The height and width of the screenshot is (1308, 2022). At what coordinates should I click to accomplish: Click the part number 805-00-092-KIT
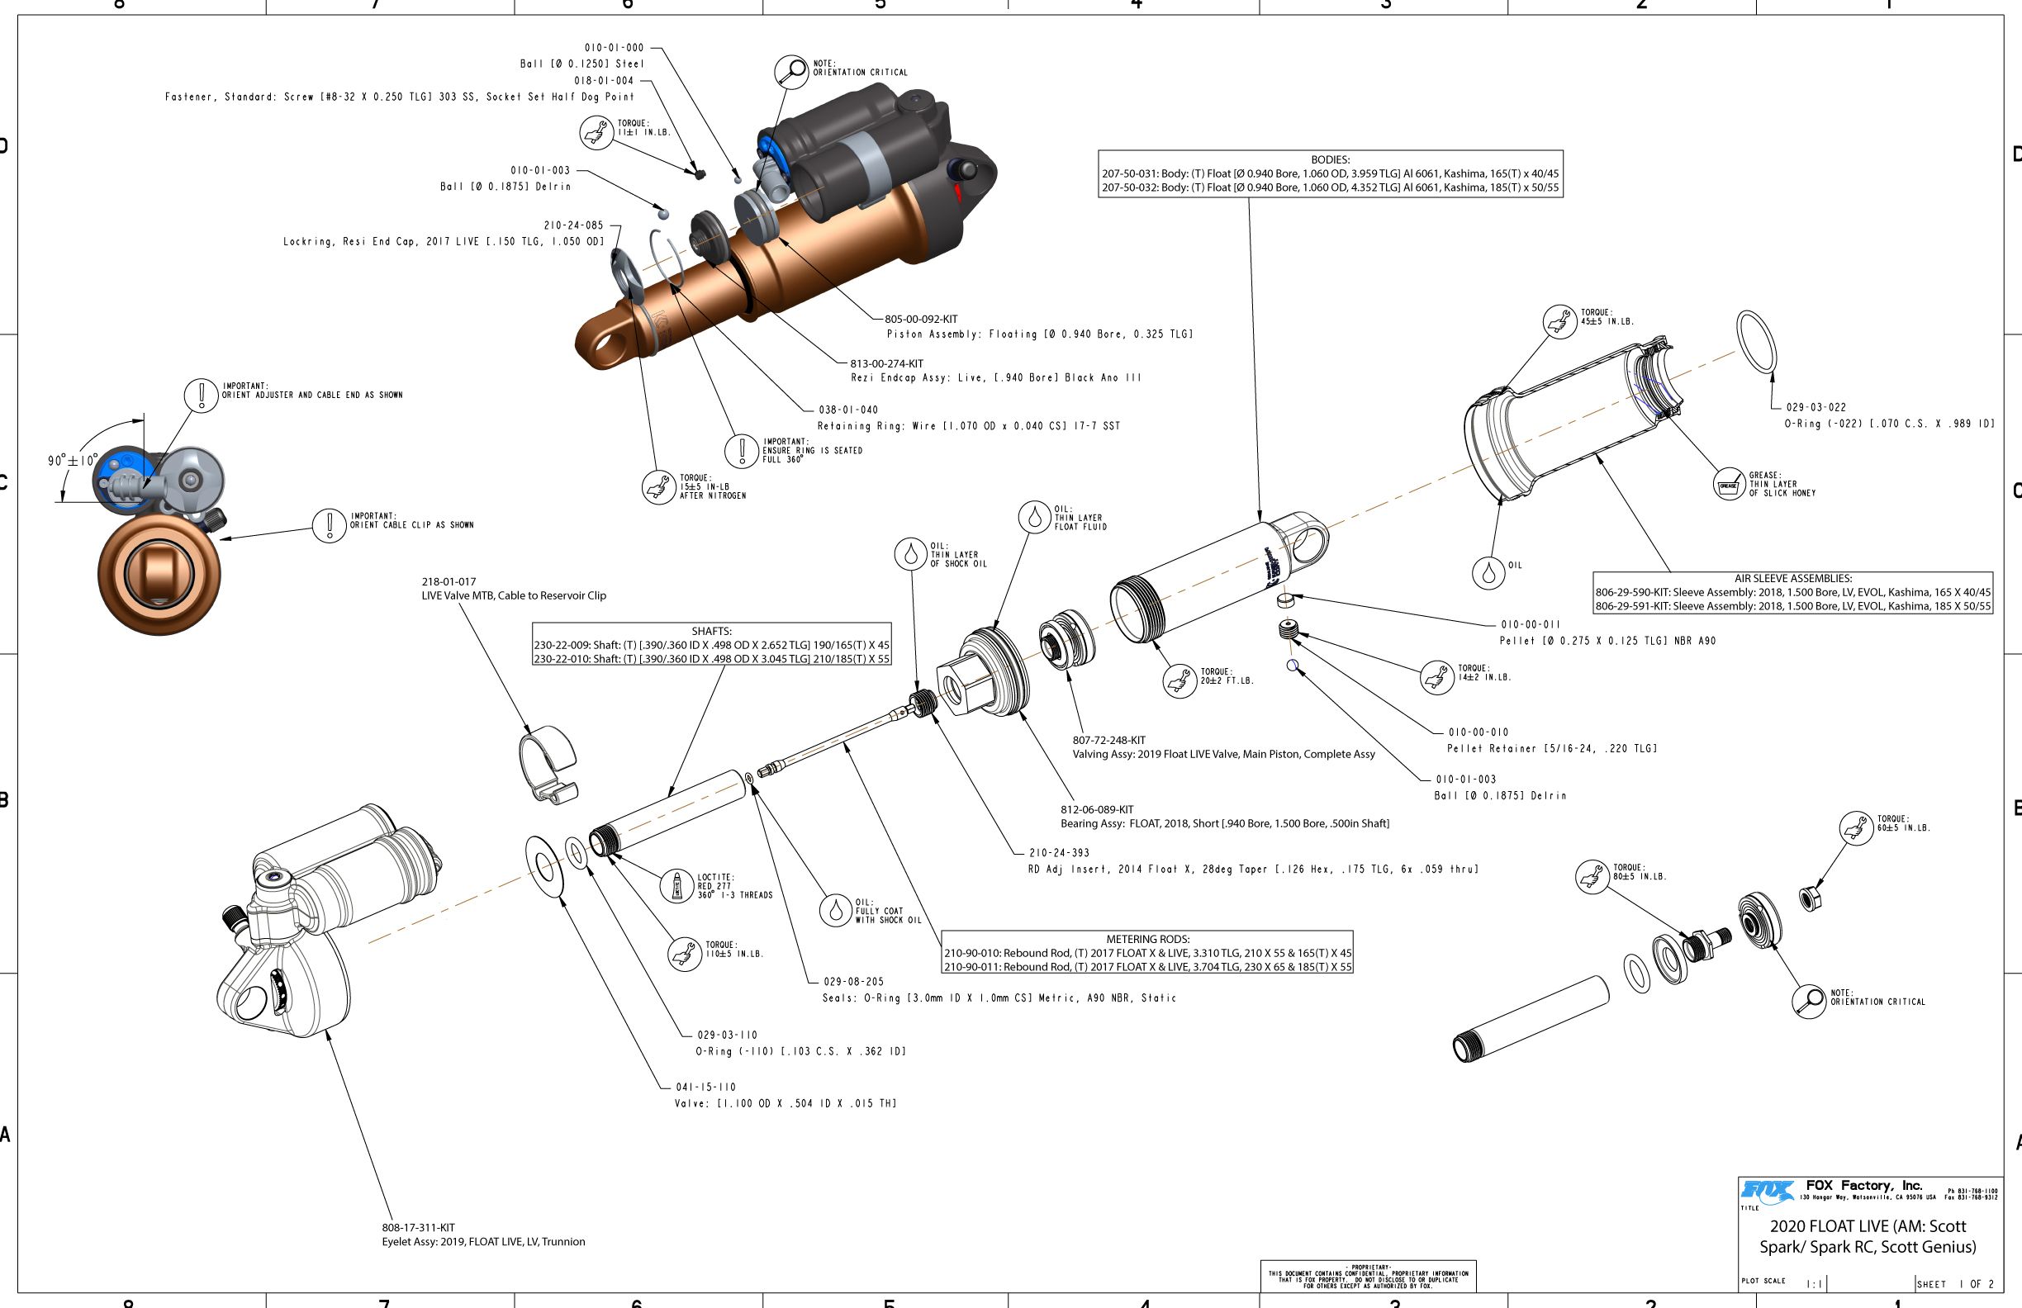pos(920,320)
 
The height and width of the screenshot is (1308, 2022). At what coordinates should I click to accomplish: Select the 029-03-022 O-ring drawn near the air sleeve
pos(1756,340)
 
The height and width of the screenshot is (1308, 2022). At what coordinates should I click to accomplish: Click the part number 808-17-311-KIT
pos(418,1227)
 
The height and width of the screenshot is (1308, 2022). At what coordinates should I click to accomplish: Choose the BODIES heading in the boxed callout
pos(1330,159)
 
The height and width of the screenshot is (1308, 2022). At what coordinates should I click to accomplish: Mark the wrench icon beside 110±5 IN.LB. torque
pos(683,954)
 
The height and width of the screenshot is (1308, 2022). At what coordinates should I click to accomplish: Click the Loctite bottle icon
pos(676,886)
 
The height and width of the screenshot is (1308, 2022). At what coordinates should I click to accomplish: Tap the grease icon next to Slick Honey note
pos(1729,485)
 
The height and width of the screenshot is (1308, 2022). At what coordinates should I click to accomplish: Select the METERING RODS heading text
pos(1147,940)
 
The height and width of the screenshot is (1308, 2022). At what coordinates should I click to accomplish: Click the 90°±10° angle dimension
pos(72,460)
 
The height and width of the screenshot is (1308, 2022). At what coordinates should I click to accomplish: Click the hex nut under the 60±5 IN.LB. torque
pos(1810,898)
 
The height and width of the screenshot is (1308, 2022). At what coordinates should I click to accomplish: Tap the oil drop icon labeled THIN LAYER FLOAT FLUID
pos(1035,517)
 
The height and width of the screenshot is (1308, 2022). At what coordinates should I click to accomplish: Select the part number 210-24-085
pos(573,225)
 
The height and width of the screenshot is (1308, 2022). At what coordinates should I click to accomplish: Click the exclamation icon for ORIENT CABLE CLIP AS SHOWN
pos(329,525)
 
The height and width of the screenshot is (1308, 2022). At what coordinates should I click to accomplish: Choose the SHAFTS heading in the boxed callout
pos(711,631)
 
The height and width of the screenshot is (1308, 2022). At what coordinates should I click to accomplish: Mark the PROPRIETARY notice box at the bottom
pos(1368,1276)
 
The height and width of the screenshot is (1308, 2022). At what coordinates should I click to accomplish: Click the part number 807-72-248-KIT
pos(1108,741)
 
